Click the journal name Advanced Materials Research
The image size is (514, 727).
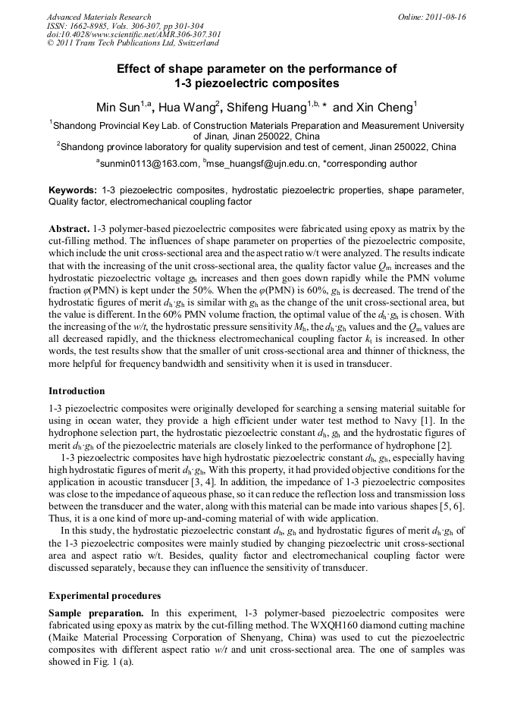pos(99,17)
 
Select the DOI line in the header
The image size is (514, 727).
pos(133,34)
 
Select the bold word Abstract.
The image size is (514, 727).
pos(69,228)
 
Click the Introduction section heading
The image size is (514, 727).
pos(77,391)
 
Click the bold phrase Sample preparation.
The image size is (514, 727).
pos(96,612)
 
